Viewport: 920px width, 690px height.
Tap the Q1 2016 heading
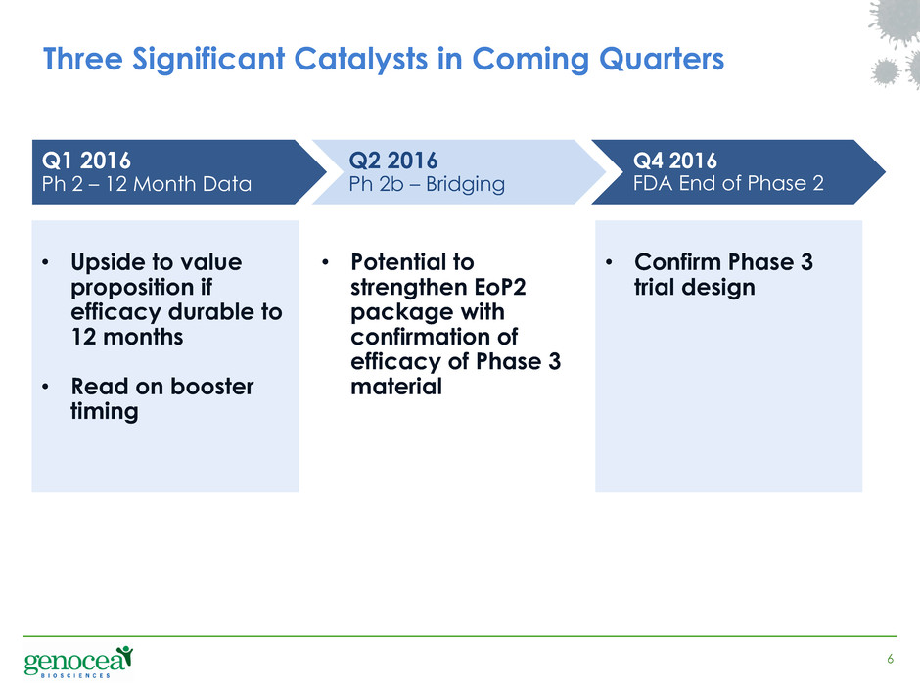click(86, 161)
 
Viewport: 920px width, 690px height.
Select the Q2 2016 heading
click(393, 161)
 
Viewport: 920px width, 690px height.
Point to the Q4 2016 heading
click(674, 161)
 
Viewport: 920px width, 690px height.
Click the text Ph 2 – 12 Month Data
click(147, 184)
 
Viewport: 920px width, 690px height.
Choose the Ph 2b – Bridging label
click(427, 184)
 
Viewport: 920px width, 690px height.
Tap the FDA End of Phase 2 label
click(728, 183)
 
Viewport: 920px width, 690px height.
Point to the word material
click(396, 387)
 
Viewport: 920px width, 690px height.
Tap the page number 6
click(890, 659)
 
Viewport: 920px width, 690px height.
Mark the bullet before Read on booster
click(45, 388)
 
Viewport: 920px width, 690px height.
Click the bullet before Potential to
click(325, 262)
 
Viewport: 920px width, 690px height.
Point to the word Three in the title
click(83, 60)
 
